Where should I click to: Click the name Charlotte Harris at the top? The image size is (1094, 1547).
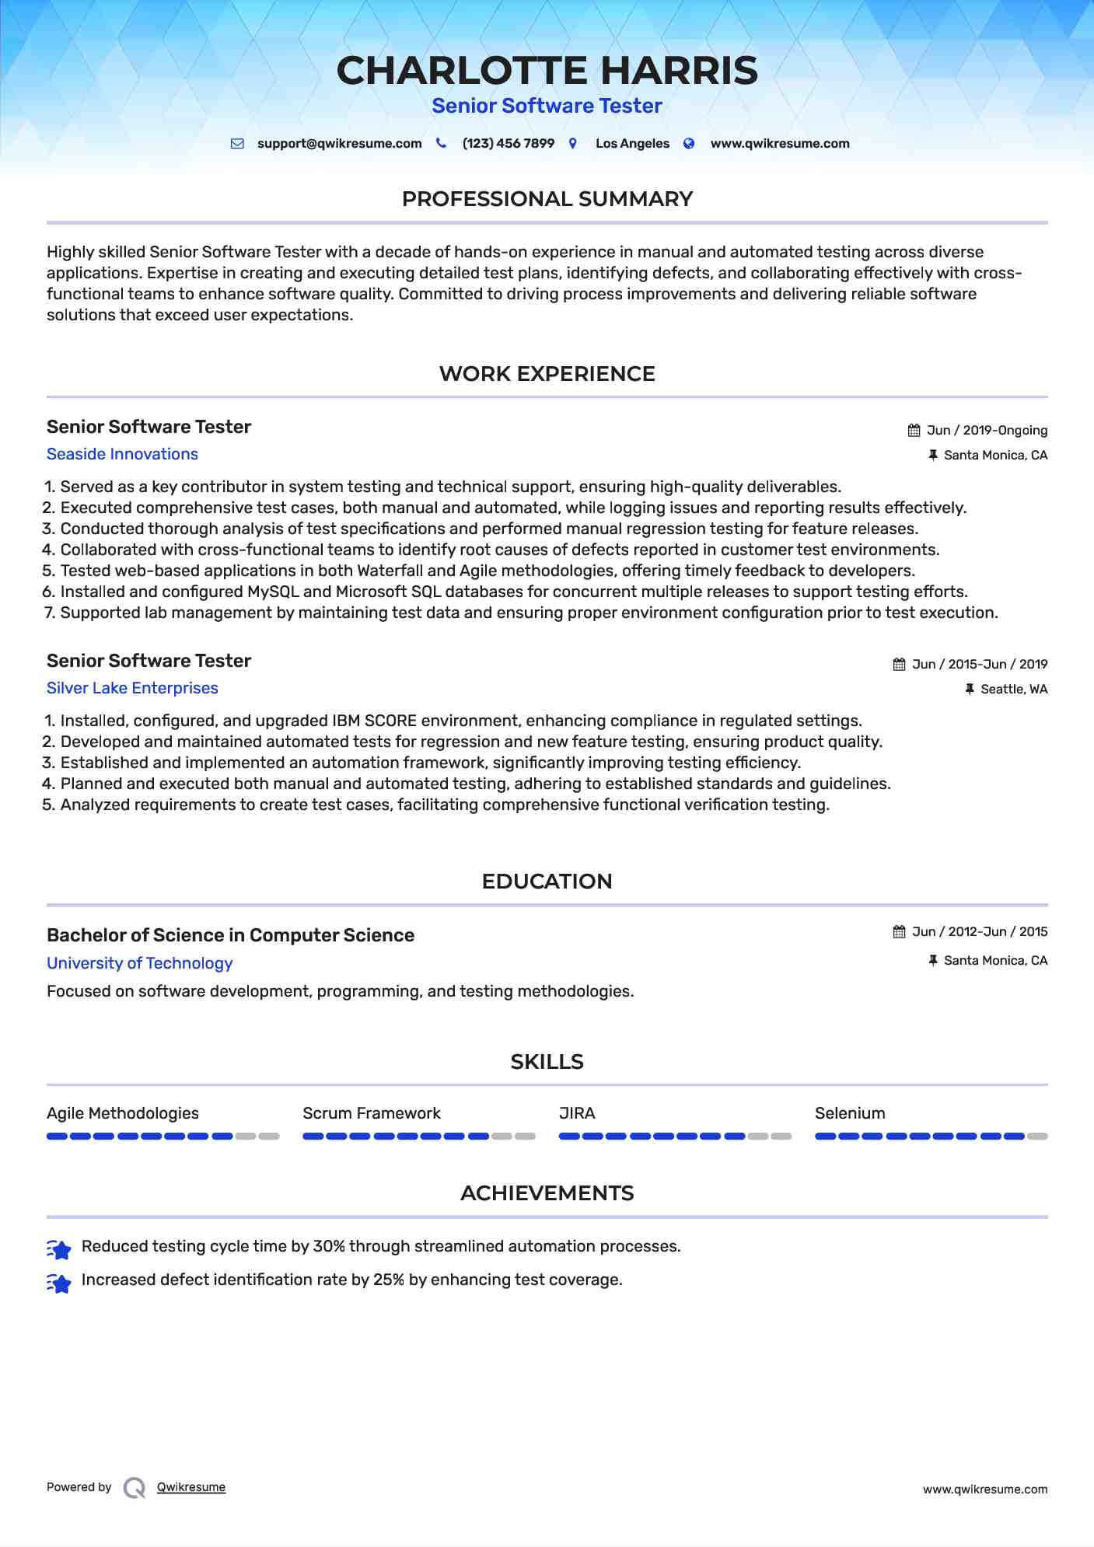click(x=547, y=71)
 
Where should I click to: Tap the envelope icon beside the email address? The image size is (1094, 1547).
click(x=237, y=144)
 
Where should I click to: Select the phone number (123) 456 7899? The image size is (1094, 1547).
click(x=508, y=144)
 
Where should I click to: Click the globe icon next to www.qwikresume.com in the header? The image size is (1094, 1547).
click(x=689, y=144)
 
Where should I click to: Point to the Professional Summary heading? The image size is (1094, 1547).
click(x=547, y=199)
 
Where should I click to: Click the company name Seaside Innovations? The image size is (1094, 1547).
click(x=122, y=454)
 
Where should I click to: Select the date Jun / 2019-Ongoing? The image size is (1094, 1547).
click(x=987, y=431)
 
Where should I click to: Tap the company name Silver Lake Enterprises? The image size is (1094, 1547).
click(x=132, y=688)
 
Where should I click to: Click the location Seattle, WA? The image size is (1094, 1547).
click(x=1014, y=690)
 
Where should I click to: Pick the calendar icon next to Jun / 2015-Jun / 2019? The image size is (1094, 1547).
click(x=899, y=665)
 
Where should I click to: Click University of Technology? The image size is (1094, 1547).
click(x=140, y=963)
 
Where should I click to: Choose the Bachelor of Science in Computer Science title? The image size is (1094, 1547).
click(x=230, y=935)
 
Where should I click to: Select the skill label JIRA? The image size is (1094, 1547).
click(x=577, y=1113)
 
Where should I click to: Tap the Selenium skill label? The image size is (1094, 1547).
click(x=850, y=1113)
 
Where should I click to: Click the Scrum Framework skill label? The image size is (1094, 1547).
click(x=372, y=1113)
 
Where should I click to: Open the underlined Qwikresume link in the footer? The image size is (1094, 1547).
click(x=191, y=1487)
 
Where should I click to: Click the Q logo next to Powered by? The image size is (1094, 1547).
click(x=135, y=1488)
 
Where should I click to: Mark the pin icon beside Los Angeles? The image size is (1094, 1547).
click(x=573, y=144)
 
